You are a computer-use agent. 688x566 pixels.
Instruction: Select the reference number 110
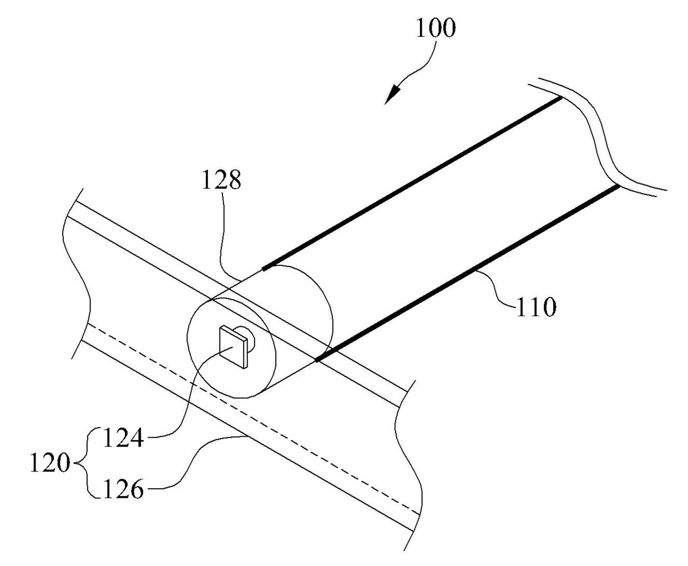[535, 307]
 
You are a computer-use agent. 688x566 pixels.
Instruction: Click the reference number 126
[123, 489]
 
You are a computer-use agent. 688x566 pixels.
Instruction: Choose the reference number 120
[49, 464]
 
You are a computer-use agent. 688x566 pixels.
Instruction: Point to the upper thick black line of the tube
[411, 184]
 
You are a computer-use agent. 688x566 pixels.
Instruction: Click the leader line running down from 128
[225, 233]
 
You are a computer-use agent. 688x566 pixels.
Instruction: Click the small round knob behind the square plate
[248, 337]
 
